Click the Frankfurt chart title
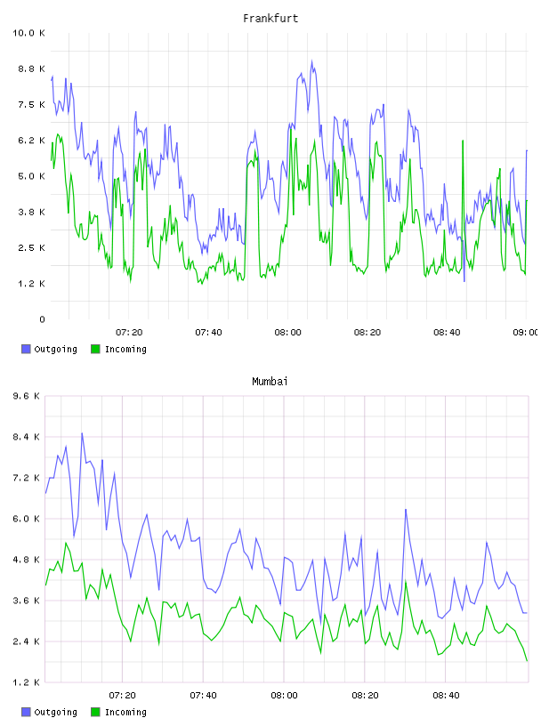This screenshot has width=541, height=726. (270, 19)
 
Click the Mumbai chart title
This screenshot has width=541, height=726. (270, 382)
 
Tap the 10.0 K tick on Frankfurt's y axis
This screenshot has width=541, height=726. (28, 33)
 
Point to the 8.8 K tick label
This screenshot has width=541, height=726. (31, 69)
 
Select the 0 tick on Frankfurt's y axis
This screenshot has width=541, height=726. (42, 319)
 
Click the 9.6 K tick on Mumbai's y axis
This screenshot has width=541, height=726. (27, 396)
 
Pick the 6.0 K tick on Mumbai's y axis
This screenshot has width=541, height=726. (27, 519)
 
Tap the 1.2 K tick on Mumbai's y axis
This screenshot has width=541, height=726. (27, 682)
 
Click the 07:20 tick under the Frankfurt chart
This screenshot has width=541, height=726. (129, 333)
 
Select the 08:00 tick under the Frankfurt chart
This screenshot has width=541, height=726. (287, 333)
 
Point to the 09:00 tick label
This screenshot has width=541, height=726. (526, 333)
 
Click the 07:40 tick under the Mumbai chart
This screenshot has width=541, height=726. (204, 696)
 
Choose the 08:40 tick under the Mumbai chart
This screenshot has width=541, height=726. (446, 696)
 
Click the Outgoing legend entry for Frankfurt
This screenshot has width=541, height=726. (49, 349)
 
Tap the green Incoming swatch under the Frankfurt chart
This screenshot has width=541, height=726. (95, 349)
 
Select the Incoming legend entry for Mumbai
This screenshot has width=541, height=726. (118, 712)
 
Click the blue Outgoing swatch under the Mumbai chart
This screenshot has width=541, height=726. (26, 712)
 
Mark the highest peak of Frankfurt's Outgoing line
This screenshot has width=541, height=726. (311, 60)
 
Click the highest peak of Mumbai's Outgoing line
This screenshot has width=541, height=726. (82, 433)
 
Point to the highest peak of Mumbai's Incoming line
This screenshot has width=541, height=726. (66, 543)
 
